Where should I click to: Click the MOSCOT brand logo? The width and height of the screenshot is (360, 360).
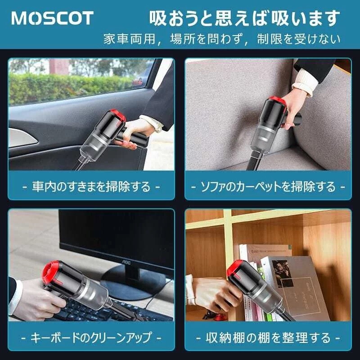click(x=52, y=18)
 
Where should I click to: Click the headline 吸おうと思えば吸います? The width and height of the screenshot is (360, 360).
click(x=244, y=18)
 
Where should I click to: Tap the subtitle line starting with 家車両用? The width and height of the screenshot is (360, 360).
click(x=222, y=39)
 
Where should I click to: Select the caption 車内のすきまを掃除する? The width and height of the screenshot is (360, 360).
click(x=91, y=186)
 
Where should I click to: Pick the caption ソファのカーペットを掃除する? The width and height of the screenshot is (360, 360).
click(x=268, y=186)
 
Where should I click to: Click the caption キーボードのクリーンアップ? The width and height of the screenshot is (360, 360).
click(x=91, y=337)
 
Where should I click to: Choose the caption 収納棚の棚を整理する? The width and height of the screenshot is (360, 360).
click(x=268, y=337)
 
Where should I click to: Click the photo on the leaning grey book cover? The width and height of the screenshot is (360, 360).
click(x=282, y=273)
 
